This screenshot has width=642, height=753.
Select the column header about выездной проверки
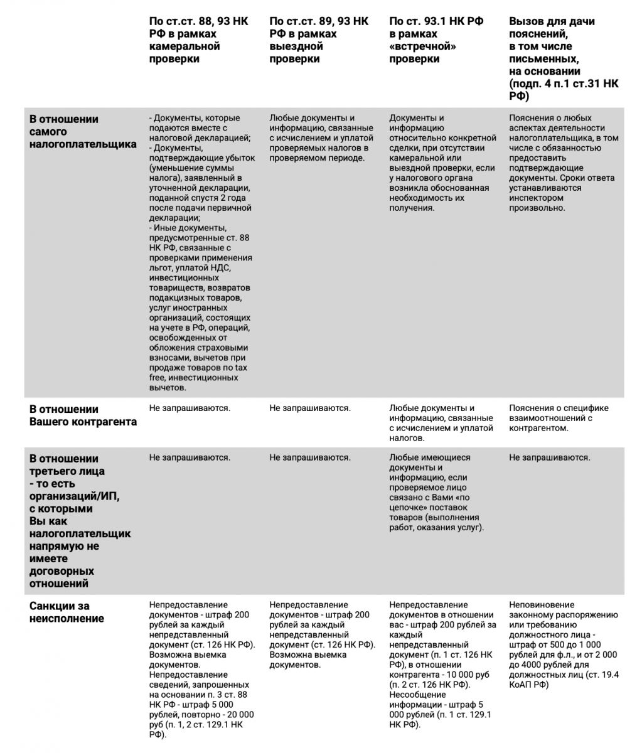coord(318,40)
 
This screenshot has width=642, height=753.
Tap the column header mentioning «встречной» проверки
coord(436,40)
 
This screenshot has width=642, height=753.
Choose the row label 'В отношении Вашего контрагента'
coord(83,415)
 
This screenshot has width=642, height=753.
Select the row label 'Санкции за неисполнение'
coord(67,612)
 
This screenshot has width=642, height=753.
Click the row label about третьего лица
coord(80,521)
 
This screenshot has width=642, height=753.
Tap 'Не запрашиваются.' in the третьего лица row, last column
coord(549,457)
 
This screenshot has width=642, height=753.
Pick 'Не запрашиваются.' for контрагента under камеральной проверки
coord(190,408)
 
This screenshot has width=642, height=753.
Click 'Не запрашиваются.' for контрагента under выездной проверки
coord(310,408)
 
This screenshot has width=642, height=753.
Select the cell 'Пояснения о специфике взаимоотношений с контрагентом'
coord(559,418)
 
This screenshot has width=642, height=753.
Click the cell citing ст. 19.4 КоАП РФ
coord(564,644)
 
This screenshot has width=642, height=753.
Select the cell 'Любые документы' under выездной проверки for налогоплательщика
coord(318,137)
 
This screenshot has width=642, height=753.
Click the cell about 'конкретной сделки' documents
coord(442,163)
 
